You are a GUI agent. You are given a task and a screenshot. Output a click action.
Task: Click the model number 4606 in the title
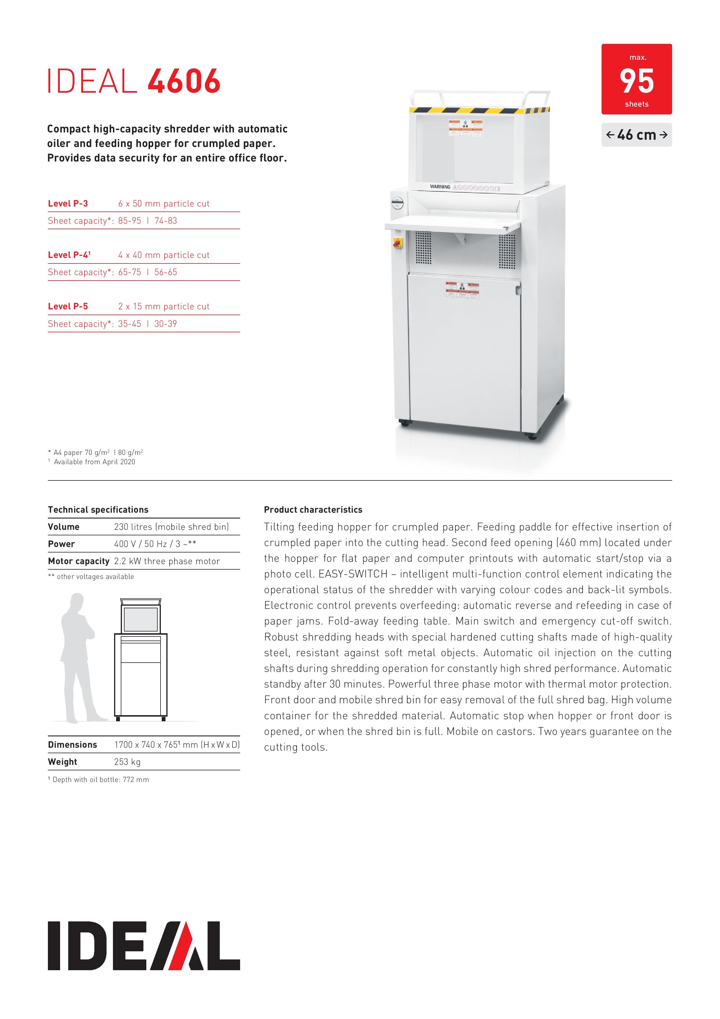tap(184, 81)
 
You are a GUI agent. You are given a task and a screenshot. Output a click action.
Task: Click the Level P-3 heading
tap(68, 204)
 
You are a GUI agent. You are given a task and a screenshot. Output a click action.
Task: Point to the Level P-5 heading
tap(68, 306)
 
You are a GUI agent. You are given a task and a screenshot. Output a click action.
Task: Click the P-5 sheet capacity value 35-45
tap(129, 324)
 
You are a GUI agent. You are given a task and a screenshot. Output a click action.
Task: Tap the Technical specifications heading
tap(98, 509)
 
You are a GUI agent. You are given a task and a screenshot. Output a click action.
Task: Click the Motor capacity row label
tap(78, 561)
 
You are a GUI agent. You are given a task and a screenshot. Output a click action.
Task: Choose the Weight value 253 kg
tap(127, 762)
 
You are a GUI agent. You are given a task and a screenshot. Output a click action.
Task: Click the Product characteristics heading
tap(313, 509)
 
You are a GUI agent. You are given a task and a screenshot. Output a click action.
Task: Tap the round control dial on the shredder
tap(397, 204)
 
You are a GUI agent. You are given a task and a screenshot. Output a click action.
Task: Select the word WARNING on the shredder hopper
tap(440, 187)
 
